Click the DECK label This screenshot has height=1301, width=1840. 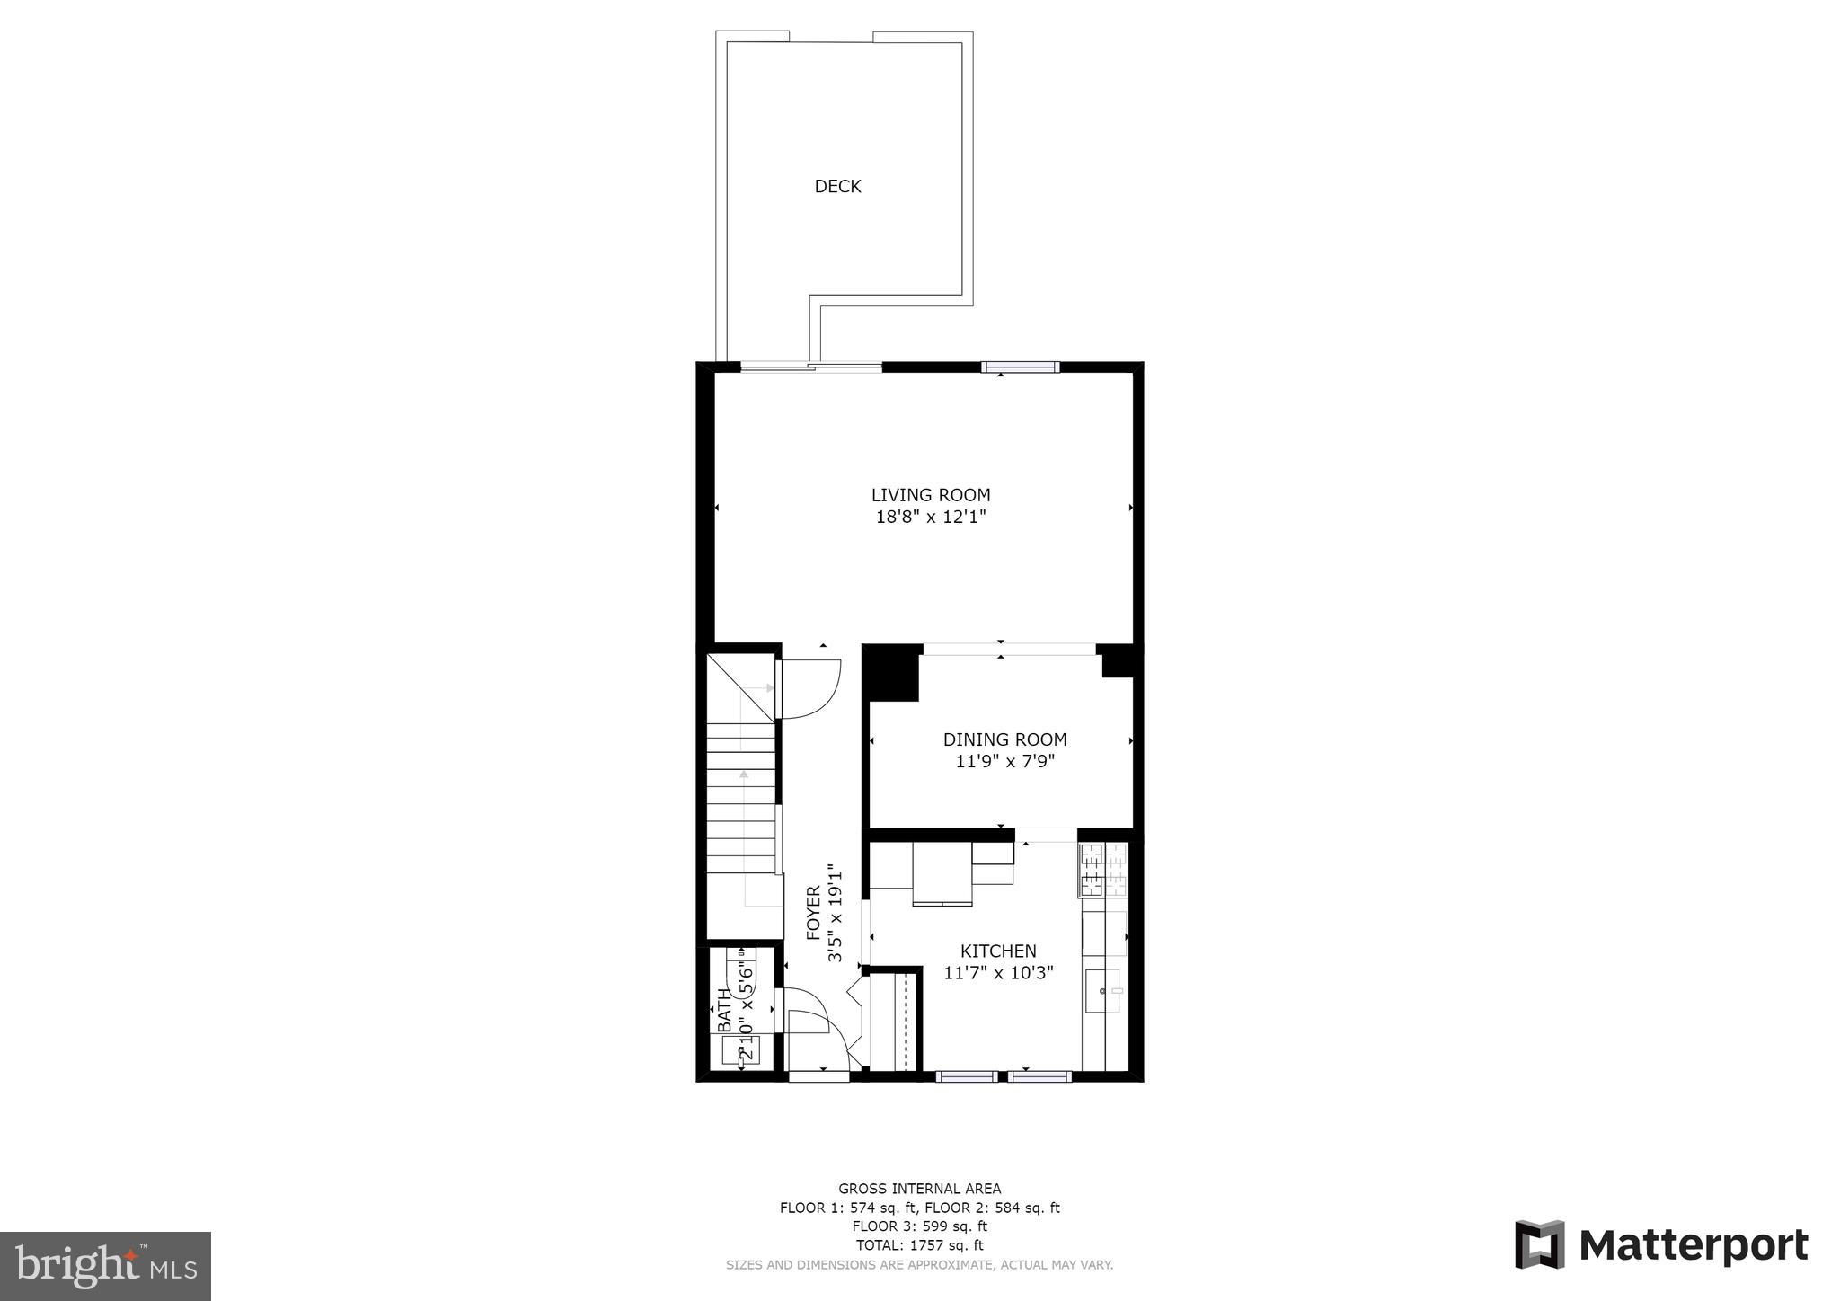837,186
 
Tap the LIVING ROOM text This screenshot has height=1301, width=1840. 931,494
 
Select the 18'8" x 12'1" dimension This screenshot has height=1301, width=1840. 931,517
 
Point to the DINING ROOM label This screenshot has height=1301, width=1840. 1004,739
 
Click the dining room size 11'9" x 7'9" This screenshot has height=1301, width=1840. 1004,762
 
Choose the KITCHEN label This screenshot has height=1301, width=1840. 998,951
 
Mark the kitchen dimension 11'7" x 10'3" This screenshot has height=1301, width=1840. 998,972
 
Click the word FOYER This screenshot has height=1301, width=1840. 814,913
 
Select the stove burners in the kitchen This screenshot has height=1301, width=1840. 1102,870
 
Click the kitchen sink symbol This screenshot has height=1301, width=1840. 1104,992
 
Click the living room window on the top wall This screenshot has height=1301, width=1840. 1020,367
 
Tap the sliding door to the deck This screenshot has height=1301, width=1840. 810,366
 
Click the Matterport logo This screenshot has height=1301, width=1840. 1661,1245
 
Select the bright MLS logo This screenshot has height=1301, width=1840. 105,1266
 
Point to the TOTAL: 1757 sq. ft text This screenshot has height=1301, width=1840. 919,1245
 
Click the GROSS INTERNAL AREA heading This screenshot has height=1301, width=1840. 919,1189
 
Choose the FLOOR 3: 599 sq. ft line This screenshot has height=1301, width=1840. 919,1226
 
